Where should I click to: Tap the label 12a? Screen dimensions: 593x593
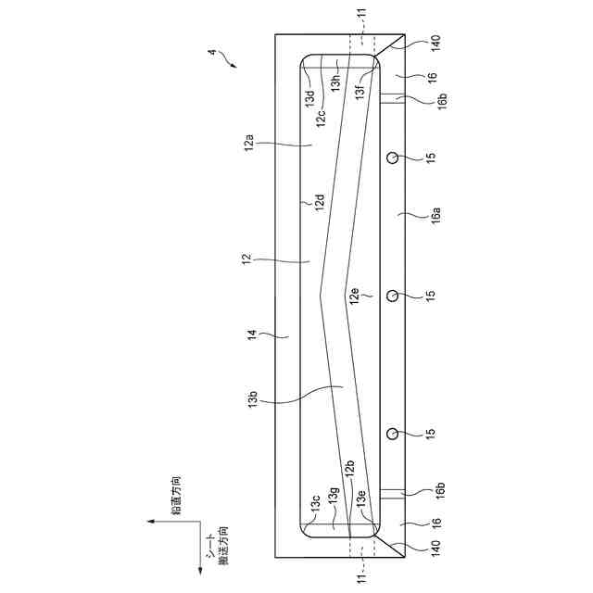click(x=249, y=145)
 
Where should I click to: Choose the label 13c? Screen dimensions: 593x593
click(x=315, y=505)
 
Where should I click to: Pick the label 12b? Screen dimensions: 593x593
click(x=348, y=470)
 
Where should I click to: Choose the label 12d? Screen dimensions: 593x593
click(x=319, y=203)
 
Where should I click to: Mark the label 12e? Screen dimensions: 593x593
click(x=353, y=296)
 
